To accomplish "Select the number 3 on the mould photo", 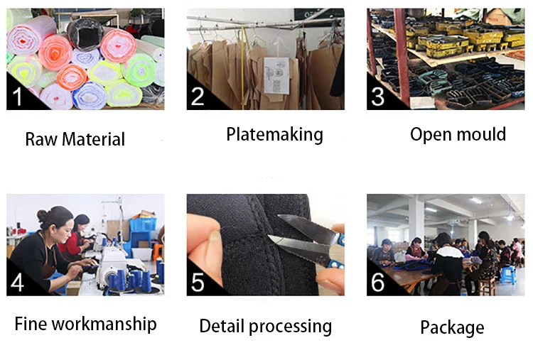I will click(x=379, y=94).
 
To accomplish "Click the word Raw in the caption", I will click(x=41, y=139).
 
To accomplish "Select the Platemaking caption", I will click(x=274, y=134).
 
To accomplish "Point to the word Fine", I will click(x=31, y=324).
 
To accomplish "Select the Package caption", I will click(x=452, y=327).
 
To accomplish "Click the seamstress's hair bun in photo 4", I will click(x=43, y=215).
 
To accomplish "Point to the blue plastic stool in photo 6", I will click(x=507, y=274).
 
